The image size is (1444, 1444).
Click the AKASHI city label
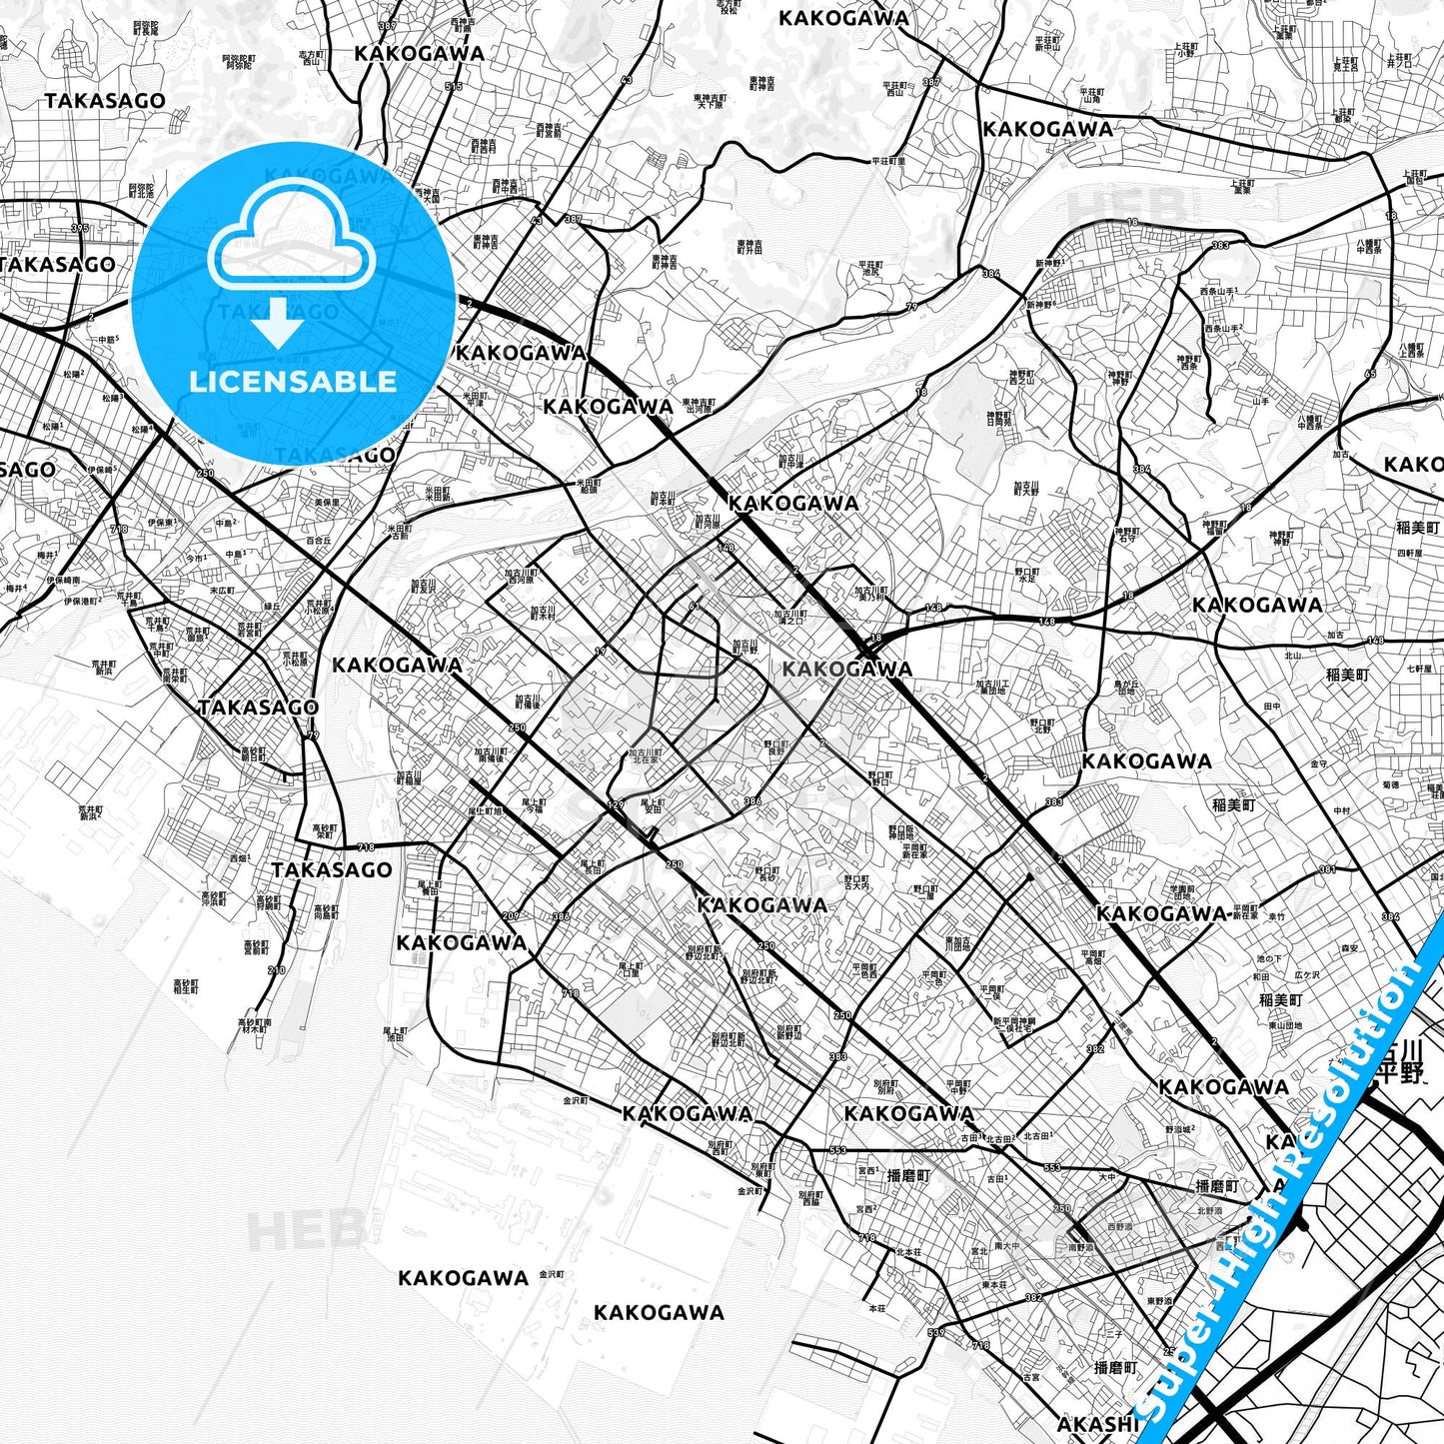coord(1097,1423)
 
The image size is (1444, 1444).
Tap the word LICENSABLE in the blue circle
coord(293,382)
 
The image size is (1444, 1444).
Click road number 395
coord(80,229)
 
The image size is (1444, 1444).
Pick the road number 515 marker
coord(454,87)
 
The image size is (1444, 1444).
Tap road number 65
coord(1369,374)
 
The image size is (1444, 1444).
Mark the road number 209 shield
coord(511,915)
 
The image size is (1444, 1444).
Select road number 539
coord(935,1333)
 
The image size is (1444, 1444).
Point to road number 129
coord(616,804)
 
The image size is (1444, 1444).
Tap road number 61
coord(692,606)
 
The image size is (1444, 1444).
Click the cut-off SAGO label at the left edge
coord(28,470)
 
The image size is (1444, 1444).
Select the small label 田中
coord(1272,707)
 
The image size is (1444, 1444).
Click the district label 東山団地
coord(1284,1025)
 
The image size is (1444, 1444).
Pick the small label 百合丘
coord(318,541)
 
